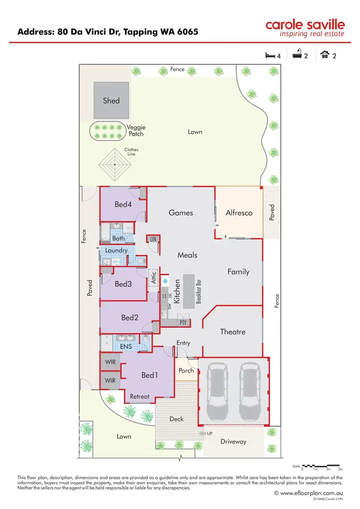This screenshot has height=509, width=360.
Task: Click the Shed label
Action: point(111,101)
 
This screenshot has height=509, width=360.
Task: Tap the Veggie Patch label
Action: point(136,131)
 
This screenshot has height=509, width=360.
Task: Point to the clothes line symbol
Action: point(115,164)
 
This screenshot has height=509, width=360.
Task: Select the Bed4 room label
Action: point(123,205)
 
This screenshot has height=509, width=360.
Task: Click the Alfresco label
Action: point(239,213)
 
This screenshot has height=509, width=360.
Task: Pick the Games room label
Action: point(181,213)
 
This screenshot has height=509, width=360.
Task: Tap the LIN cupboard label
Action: point(153,239)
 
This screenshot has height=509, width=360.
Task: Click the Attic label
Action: point(154,278)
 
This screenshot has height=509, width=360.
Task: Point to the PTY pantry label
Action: point(183,323)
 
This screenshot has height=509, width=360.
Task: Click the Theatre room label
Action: point(233,332)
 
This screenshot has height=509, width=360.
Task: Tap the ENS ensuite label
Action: point(126,346)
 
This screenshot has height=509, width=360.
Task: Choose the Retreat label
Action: point(140,397)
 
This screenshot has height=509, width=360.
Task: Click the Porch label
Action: point(186,370)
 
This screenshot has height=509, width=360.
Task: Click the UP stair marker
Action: point(209,434)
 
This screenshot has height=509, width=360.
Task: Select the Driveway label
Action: point(233,441)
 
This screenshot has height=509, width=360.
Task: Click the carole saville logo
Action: point(305,28)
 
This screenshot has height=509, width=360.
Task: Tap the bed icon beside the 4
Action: point(270,56)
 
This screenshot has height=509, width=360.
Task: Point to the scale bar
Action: point(322,466)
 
